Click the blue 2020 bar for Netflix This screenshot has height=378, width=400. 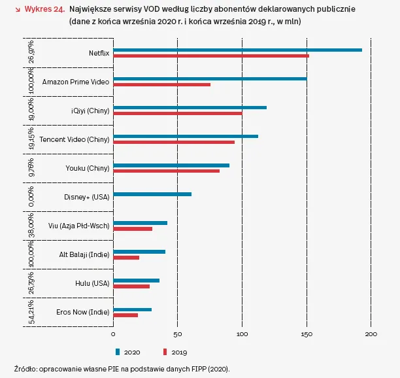(x=237, y=50)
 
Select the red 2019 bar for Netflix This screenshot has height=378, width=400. (x=211, y=56)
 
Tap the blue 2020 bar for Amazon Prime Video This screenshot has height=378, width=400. (x=210, y=79)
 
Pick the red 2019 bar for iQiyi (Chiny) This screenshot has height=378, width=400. (x=178, y=112)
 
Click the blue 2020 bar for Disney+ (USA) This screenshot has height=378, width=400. (x=152, y=194)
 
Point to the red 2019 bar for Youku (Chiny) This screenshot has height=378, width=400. (x=167, y=171)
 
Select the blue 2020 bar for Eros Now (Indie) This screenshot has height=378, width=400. (x=133, y=309)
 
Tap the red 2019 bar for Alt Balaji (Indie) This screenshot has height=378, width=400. (x=126, y=257)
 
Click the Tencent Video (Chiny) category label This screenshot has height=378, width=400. (x=75, y=139)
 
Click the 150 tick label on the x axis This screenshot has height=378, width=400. (x=307, y=335)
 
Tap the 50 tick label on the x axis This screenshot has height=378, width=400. (x=177, y=335)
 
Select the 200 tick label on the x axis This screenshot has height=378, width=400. (x=371, y=335)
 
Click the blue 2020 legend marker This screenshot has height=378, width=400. (x=118, y=352)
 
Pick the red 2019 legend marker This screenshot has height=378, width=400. (x=165, y=352)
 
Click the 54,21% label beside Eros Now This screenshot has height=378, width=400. (x=32, y=311)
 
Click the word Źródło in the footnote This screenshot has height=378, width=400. (x=25, y=368)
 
